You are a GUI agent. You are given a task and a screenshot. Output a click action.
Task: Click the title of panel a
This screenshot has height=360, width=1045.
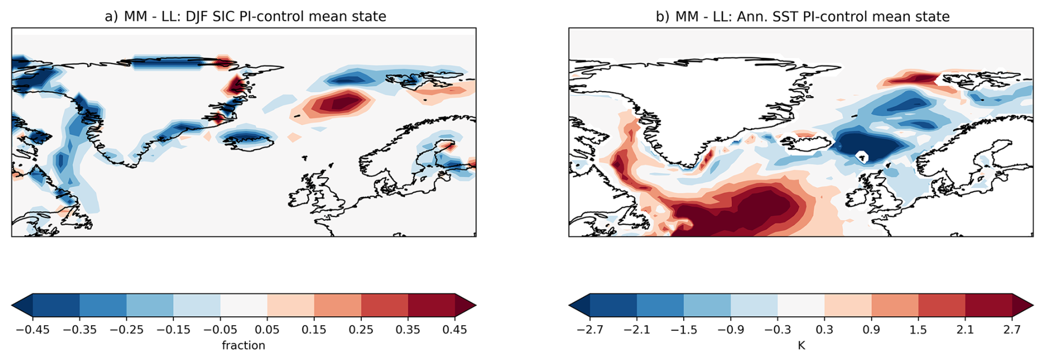pyautogui.click(x=245, y=17)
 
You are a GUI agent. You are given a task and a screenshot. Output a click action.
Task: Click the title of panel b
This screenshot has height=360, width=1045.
pyautogui.click(x=803, y=17)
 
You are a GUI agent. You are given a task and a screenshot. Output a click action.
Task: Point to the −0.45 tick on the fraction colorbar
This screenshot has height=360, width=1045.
pyautogui.click(x=33, y=330)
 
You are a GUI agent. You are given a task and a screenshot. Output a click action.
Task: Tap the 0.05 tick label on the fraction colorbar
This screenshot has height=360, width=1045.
pyautogui.click(x=267, y=330)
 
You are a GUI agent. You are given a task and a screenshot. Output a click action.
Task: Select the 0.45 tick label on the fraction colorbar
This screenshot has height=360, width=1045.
pyautogui.click(x=455, y=330)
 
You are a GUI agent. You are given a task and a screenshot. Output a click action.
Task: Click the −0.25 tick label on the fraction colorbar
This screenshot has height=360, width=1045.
pyautogui.click(x=126, y=330)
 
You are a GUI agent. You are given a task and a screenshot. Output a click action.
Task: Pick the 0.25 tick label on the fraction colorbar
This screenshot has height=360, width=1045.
pyautogui.click(x=361, y=330)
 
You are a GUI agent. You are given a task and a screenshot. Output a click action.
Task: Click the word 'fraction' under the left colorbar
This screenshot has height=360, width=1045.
pyautogui.click(x=244, y=346)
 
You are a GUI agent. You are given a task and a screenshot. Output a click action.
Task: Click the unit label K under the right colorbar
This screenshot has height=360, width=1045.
pyautogui.click(x=801, y=346)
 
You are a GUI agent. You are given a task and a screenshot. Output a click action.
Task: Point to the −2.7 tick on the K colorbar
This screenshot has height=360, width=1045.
pyautogui.click(x=590, y=330)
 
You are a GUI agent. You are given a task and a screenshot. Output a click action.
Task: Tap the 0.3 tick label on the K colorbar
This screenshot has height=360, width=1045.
pyautogui.click(x=825, y=330)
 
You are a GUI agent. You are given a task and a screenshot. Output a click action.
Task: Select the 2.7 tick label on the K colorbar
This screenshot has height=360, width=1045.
pyautogui.click(x=1012, y=330)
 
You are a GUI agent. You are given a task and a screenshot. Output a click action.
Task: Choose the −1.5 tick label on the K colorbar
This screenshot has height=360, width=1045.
pyautogui.click(x=684, y=330)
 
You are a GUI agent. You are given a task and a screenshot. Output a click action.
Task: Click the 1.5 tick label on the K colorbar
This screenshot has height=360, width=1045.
pyautogui.click(x=919, y=330)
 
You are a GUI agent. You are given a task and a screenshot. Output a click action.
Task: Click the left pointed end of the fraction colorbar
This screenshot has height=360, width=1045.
pyautogui.click(x=12, y=305)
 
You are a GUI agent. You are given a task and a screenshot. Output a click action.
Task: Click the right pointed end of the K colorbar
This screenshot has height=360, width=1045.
pyautogui.click(x=1032, y=305)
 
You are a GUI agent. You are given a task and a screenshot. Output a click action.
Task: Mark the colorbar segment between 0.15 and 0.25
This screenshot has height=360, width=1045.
pyautogui.click(x=337, y=305)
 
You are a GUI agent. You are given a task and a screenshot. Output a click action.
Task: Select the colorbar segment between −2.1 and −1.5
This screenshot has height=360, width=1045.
pyautogui.click(x=660, y=305)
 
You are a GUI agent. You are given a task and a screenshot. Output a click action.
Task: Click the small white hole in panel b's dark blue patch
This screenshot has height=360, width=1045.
pyautogui.click(x=861, y=157)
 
